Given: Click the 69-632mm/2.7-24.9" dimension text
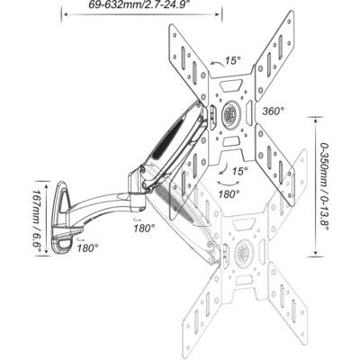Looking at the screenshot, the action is coord(142,4).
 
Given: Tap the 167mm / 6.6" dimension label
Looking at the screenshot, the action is coord(38,219).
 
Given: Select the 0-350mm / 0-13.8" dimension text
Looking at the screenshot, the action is coord(324,186).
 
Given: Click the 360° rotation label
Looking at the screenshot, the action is coord(274,111).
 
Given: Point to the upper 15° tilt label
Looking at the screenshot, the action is coord(233,60).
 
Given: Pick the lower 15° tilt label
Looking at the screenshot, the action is coord(240,171).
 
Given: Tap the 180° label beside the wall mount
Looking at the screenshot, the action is coord(87,248).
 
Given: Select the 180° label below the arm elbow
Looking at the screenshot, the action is coord(144,229).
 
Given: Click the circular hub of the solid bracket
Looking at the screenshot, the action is coord(231,114).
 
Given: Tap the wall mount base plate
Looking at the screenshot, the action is coord(61,219).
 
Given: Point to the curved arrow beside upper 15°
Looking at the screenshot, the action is coord(218,62).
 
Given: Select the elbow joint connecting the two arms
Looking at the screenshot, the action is coord(137,185).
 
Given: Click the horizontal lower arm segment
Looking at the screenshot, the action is coord(99,207).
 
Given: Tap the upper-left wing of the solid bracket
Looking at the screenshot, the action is coord(188,64).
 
